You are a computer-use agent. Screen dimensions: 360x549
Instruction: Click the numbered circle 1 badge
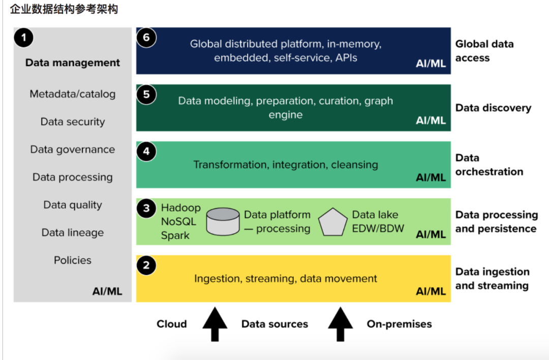pos(24,38)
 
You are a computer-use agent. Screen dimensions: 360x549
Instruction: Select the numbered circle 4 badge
pos(146,152)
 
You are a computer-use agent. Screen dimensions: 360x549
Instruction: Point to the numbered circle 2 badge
pos(146,265)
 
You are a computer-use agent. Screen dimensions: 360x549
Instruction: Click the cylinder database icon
pos(223,222)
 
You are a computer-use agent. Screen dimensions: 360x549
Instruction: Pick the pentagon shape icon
pos(333,222)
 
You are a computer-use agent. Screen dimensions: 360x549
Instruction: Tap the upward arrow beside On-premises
pos(340,323)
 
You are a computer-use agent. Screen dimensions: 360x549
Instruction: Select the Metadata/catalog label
pos(73,94)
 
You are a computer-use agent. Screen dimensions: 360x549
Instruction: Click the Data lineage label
pos(73,232)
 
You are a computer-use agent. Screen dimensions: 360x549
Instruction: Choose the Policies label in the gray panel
pos(73,260)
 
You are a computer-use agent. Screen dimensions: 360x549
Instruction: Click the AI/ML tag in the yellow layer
pos(431,291)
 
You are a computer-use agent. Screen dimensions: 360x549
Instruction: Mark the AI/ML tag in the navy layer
pos(431,64)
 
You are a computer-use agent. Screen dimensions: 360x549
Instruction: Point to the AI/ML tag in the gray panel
pos(107,291)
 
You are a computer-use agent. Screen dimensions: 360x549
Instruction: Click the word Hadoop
pos(180,208)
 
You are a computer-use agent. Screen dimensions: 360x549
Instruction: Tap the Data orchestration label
pos(489,165)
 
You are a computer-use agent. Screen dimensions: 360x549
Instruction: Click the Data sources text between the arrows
pos(274,324)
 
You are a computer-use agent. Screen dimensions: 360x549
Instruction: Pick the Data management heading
pos(73,63)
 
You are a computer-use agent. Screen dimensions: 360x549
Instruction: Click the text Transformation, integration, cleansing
pos(286,165)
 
